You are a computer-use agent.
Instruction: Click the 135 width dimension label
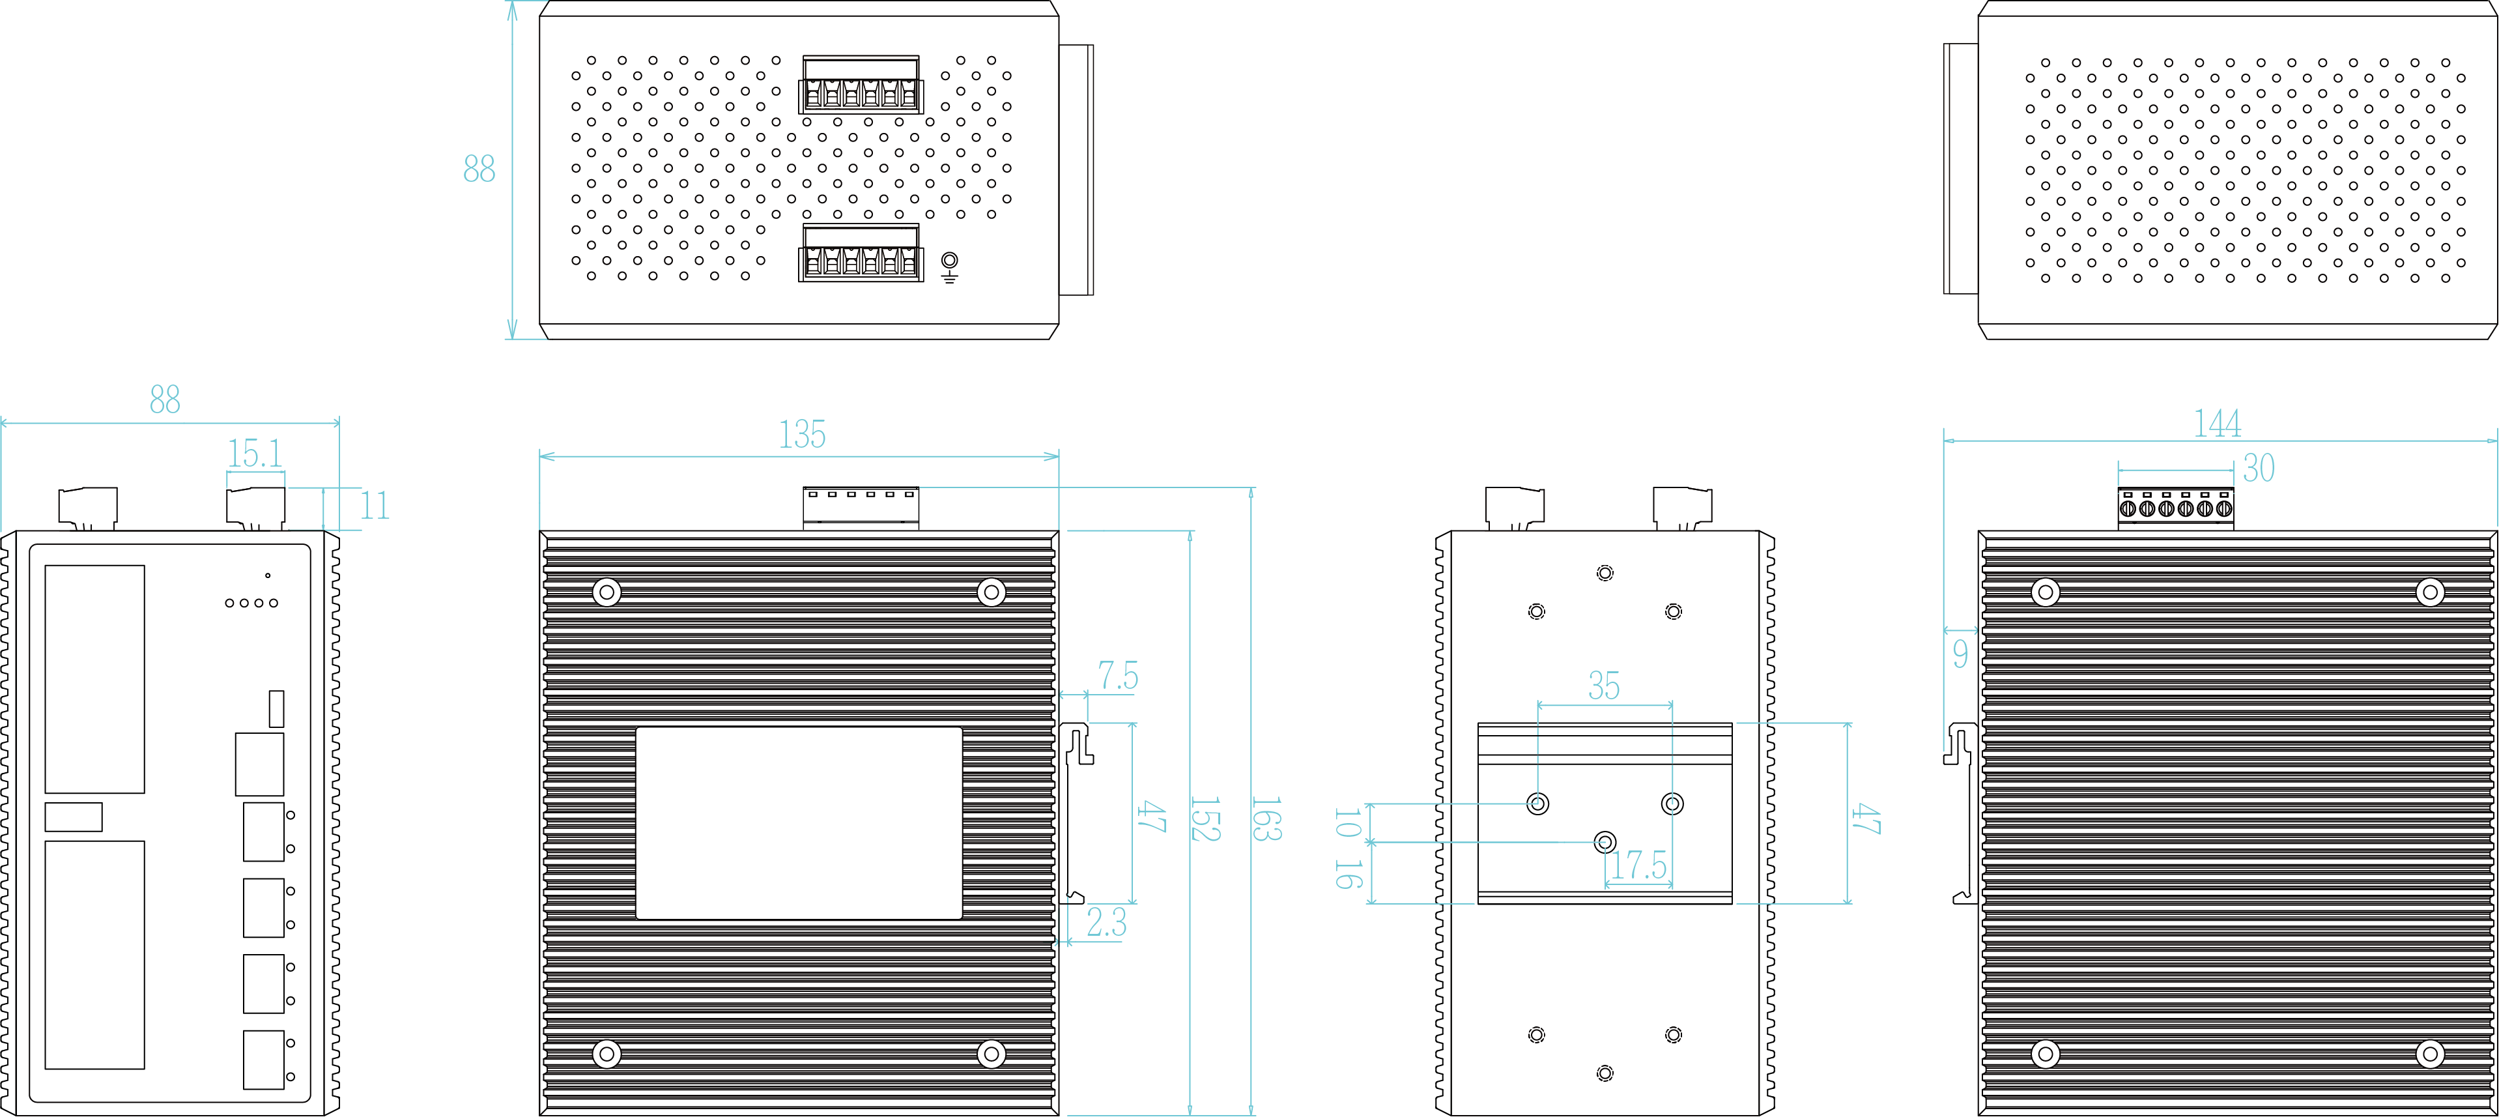coord(803,435)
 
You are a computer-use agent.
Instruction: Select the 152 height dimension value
coord(1204,819)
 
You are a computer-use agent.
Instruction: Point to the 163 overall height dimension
coord(1266,819)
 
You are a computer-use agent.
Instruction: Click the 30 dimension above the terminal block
coord(2259,469)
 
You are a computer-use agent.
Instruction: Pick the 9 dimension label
coord(1961,654)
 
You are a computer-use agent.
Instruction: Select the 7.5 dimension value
coord(1117,675)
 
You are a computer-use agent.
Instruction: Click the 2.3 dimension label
coord(1106,923)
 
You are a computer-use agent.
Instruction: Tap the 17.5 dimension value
coord(1638,865)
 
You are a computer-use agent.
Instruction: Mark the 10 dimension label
coord(1347,823)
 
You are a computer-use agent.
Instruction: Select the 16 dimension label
coord(1347,875)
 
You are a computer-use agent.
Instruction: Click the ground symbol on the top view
coord(950,266)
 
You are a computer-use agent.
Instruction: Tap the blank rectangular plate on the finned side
coord(799,823)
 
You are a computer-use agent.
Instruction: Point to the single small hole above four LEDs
coord(268,575)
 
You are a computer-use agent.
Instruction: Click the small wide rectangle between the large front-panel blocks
coord(74,817)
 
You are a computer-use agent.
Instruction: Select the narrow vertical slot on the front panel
coord(276,708)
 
